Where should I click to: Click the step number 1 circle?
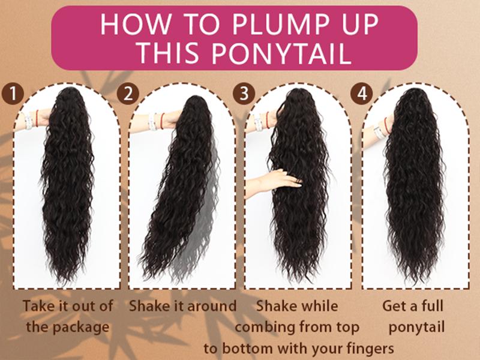pyautogui.click(x=13, y=94)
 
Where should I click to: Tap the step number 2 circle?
pyautogui.click(x=128, y=94)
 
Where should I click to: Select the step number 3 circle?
pyautogui.click(x=244, y=94)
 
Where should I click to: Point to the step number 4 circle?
pyautogui.click(x=362, y=94)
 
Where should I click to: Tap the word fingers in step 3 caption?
pyautogui.click(x=370, y=349)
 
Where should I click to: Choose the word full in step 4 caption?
pyautogui.click(x=432, y=306)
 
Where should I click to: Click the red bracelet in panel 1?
pyautogui.click(x=37, y=118)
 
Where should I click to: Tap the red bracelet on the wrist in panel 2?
pyautogui.click(x=162, y=121)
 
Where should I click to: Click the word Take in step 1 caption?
pyautogui.click(x=38, y=306)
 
